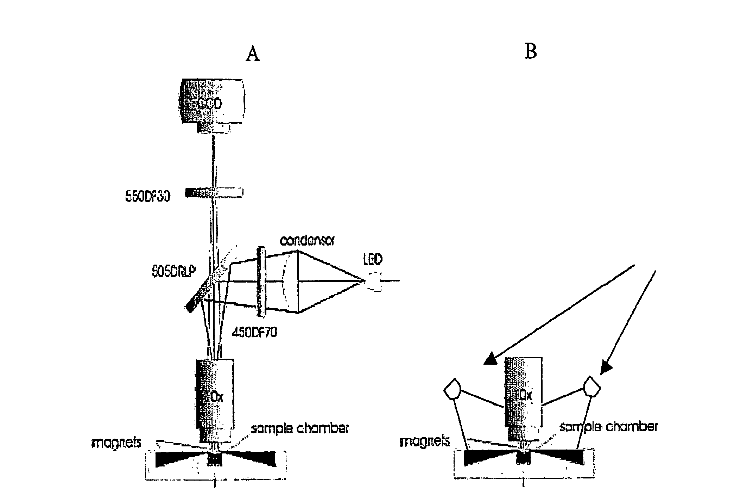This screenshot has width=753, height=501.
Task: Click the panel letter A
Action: pos(253,54)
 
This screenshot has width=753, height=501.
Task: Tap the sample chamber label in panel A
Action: pos(299,428)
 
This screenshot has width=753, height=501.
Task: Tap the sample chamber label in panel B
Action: pos(608,427)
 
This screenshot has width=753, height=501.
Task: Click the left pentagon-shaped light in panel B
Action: pos(452,389)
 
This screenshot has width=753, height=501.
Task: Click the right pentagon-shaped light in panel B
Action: pos(592,387)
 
